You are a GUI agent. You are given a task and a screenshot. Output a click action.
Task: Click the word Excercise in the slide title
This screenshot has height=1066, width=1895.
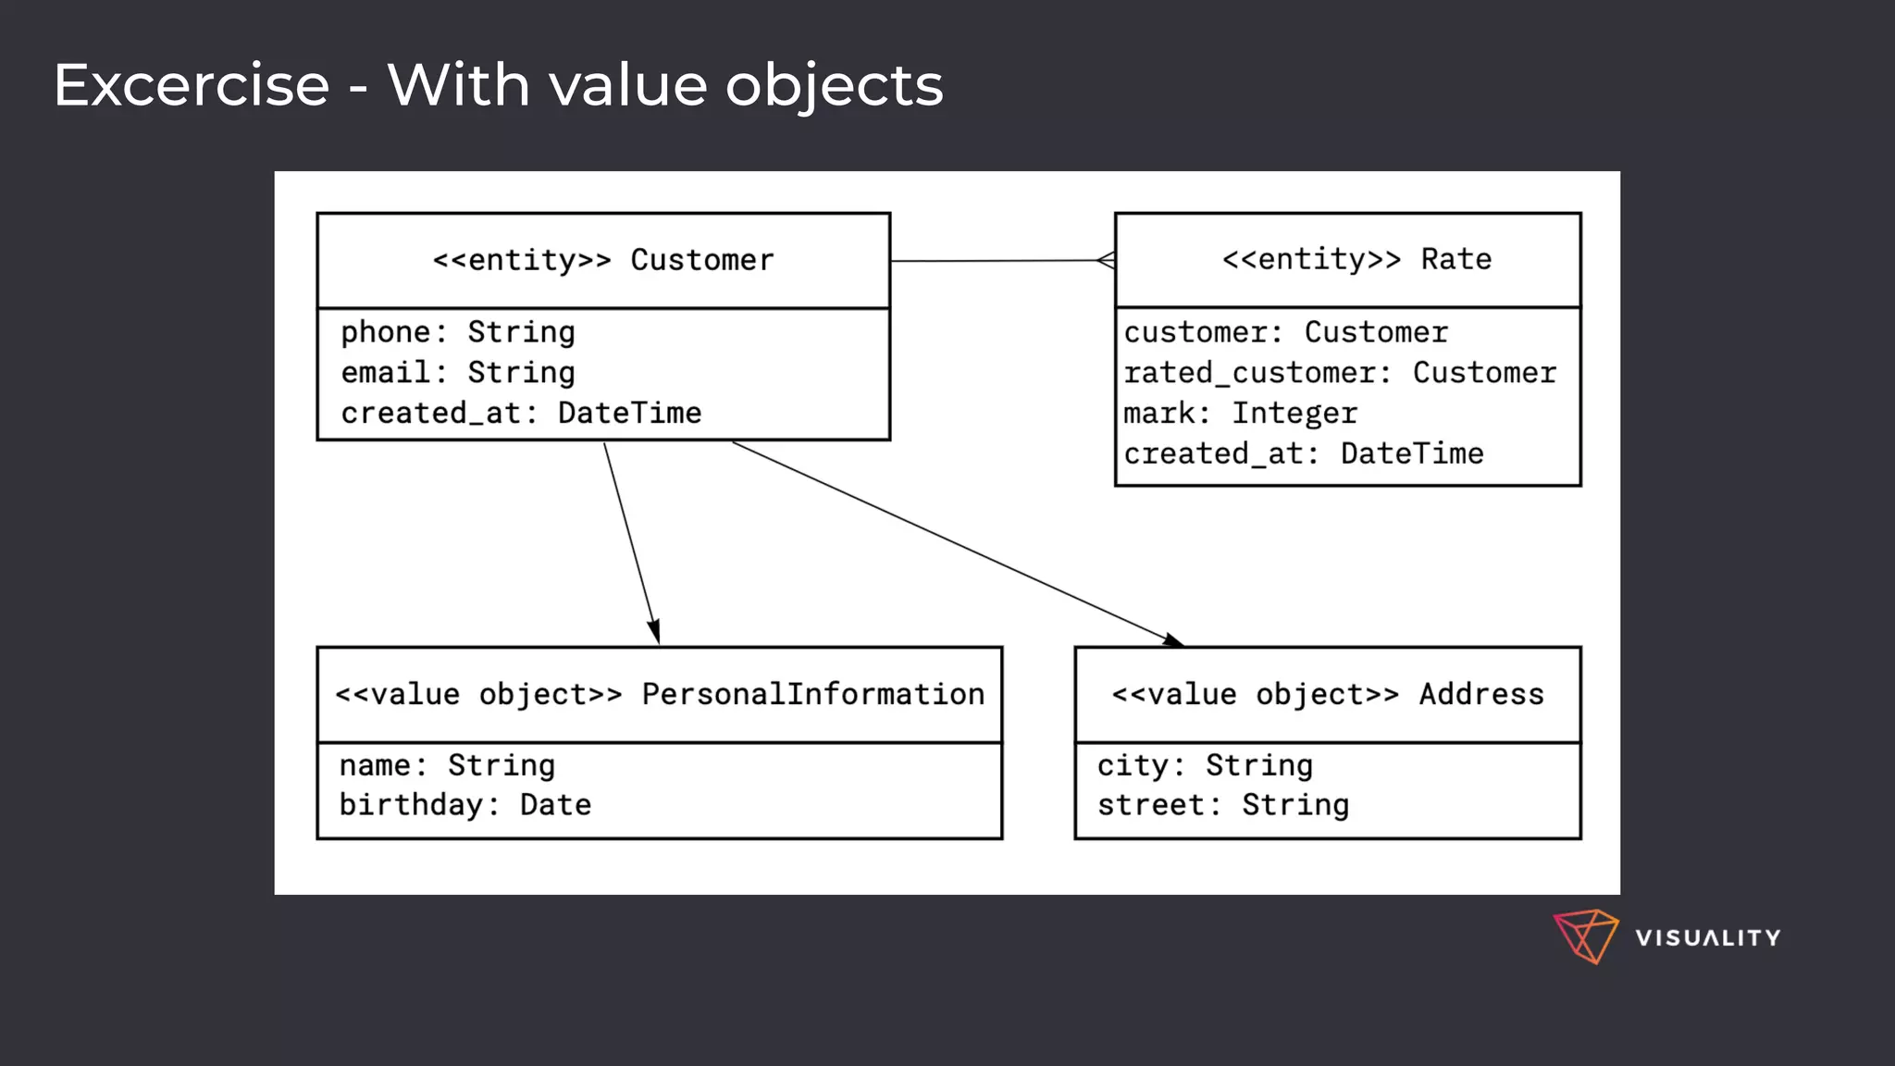tap(192, 86)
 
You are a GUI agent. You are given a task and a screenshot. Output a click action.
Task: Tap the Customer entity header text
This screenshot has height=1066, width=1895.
tap(603, 260)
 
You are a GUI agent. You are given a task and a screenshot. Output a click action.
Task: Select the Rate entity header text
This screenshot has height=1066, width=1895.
tap(1356, 259)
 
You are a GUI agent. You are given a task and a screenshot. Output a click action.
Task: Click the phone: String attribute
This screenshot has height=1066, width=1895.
tap(458, 332)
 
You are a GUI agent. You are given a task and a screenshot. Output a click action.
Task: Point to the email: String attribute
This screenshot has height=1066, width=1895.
tap(458, 373)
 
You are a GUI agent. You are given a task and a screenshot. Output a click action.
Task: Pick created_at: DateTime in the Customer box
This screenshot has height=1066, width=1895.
tap(521, 413)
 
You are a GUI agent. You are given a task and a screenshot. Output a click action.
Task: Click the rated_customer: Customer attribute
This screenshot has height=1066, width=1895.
tap(1340, 373)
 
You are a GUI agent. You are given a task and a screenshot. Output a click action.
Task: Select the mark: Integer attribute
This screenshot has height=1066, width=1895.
tap(1240, 413)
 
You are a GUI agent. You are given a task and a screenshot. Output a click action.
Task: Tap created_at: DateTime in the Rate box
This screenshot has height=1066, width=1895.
tap(1303, 453)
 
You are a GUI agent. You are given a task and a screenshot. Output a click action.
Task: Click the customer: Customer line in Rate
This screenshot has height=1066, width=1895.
tap(1285, 332)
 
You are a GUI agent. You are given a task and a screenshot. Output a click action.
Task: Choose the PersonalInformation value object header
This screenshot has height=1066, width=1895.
tap(660, 694)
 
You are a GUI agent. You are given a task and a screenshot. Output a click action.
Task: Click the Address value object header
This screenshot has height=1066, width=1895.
tap(1328, 694)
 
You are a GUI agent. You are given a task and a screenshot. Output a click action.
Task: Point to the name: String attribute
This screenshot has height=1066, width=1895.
tap(447, 765)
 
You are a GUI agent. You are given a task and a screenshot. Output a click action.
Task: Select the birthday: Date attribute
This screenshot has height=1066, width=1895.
tap(464, 805)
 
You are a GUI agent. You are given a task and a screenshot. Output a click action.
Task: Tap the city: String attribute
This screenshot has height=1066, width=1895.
tap(1205, 765)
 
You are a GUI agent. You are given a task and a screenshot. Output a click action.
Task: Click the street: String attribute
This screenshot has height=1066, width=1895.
tap(1222, 805)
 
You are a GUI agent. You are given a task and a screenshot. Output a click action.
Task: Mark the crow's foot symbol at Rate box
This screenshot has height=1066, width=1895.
tap(1106, 260)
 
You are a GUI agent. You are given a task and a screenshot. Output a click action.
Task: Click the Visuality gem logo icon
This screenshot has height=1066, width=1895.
tap(1585, 936)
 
